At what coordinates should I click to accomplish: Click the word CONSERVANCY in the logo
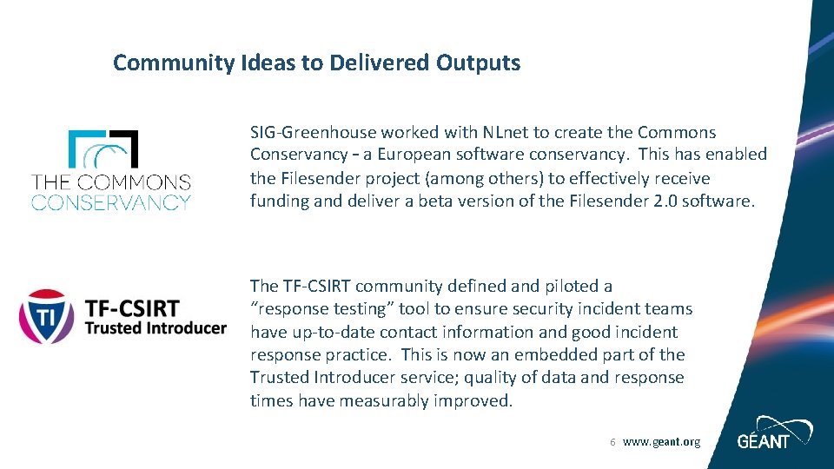pyautogui.click(x=111, y=202)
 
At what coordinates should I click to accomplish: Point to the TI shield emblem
pyautogui.click(x=47, y=316)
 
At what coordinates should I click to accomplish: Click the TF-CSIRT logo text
pyautogui.click(x=132, y=308)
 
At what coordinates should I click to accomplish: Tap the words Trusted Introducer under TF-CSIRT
pyautogui.click(x=155, y=328)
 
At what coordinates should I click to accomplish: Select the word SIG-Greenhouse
pyautogui.click(x=313, y=133)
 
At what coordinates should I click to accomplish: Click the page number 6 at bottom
pyautogui.click(x=612, y=442)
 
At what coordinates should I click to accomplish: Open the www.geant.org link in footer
pyautogui.click(x=661, y=442)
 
